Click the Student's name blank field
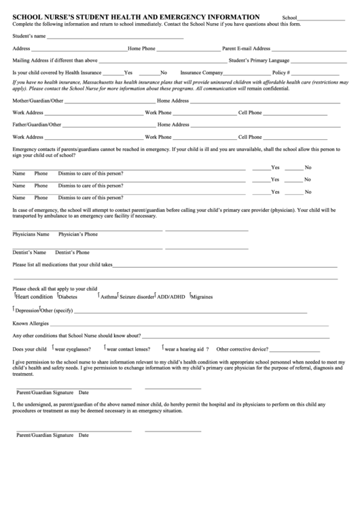pos(115,37)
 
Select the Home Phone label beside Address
pos(141,48)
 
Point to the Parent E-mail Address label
pos(247,48)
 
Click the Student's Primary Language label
pos(259,60)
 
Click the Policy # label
pos(281,71)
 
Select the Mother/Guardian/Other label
pos(38,101)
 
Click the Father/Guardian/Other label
pos(37,124)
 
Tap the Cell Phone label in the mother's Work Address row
pos(250,112)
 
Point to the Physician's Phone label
pos(78,234)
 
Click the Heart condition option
pos(34,296)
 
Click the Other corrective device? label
pos(242,349)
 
